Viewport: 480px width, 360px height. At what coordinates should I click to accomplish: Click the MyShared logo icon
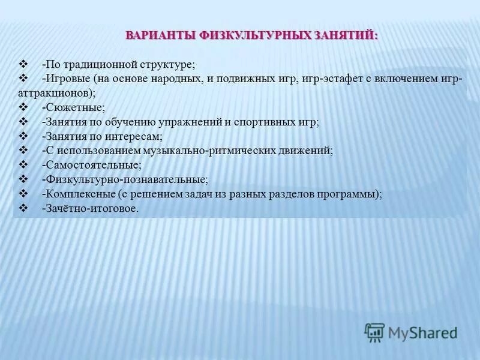[374, 332]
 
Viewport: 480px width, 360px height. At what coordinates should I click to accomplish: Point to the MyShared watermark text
[422, 332]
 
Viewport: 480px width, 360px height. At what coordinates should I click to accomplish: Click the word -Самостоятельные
[92, 165]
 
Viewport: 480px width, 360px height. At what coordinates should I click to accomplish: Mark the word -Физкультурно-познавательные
[125, 179]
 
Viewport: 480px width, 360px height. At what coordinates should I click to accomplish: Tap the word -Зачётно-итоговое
[90, 208]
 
